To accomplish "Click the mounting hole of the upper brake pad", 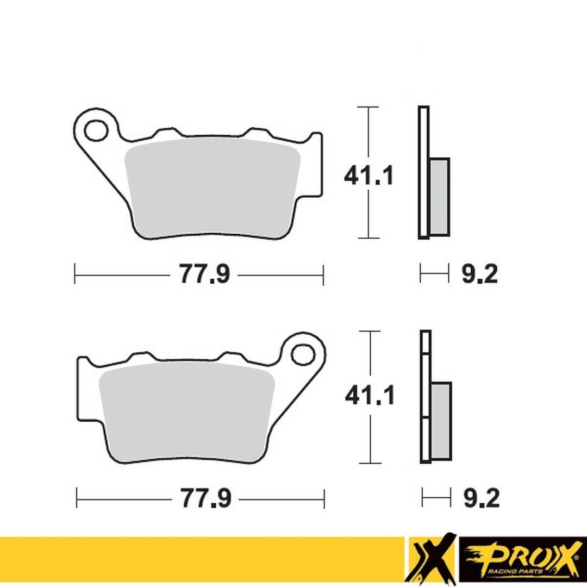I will (x=96, y=130).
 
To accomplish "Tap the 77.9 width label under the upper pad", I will (x=204, y=275).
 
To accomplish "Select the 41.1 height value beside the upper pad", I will (x=368, y=176).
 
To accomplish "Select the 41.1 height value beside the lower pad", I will (x=370, y=396).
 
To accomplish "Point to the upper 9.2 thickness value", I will (x=479, y=274).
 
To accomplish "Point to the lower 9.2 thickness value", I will (x=481, y=497).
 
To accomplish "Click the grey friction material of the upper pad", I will (x=212, y=188).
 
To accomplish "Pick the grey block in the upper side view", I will (x=439, y=197).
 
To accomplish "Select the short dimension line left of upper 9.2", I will (x=434, y=274).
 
